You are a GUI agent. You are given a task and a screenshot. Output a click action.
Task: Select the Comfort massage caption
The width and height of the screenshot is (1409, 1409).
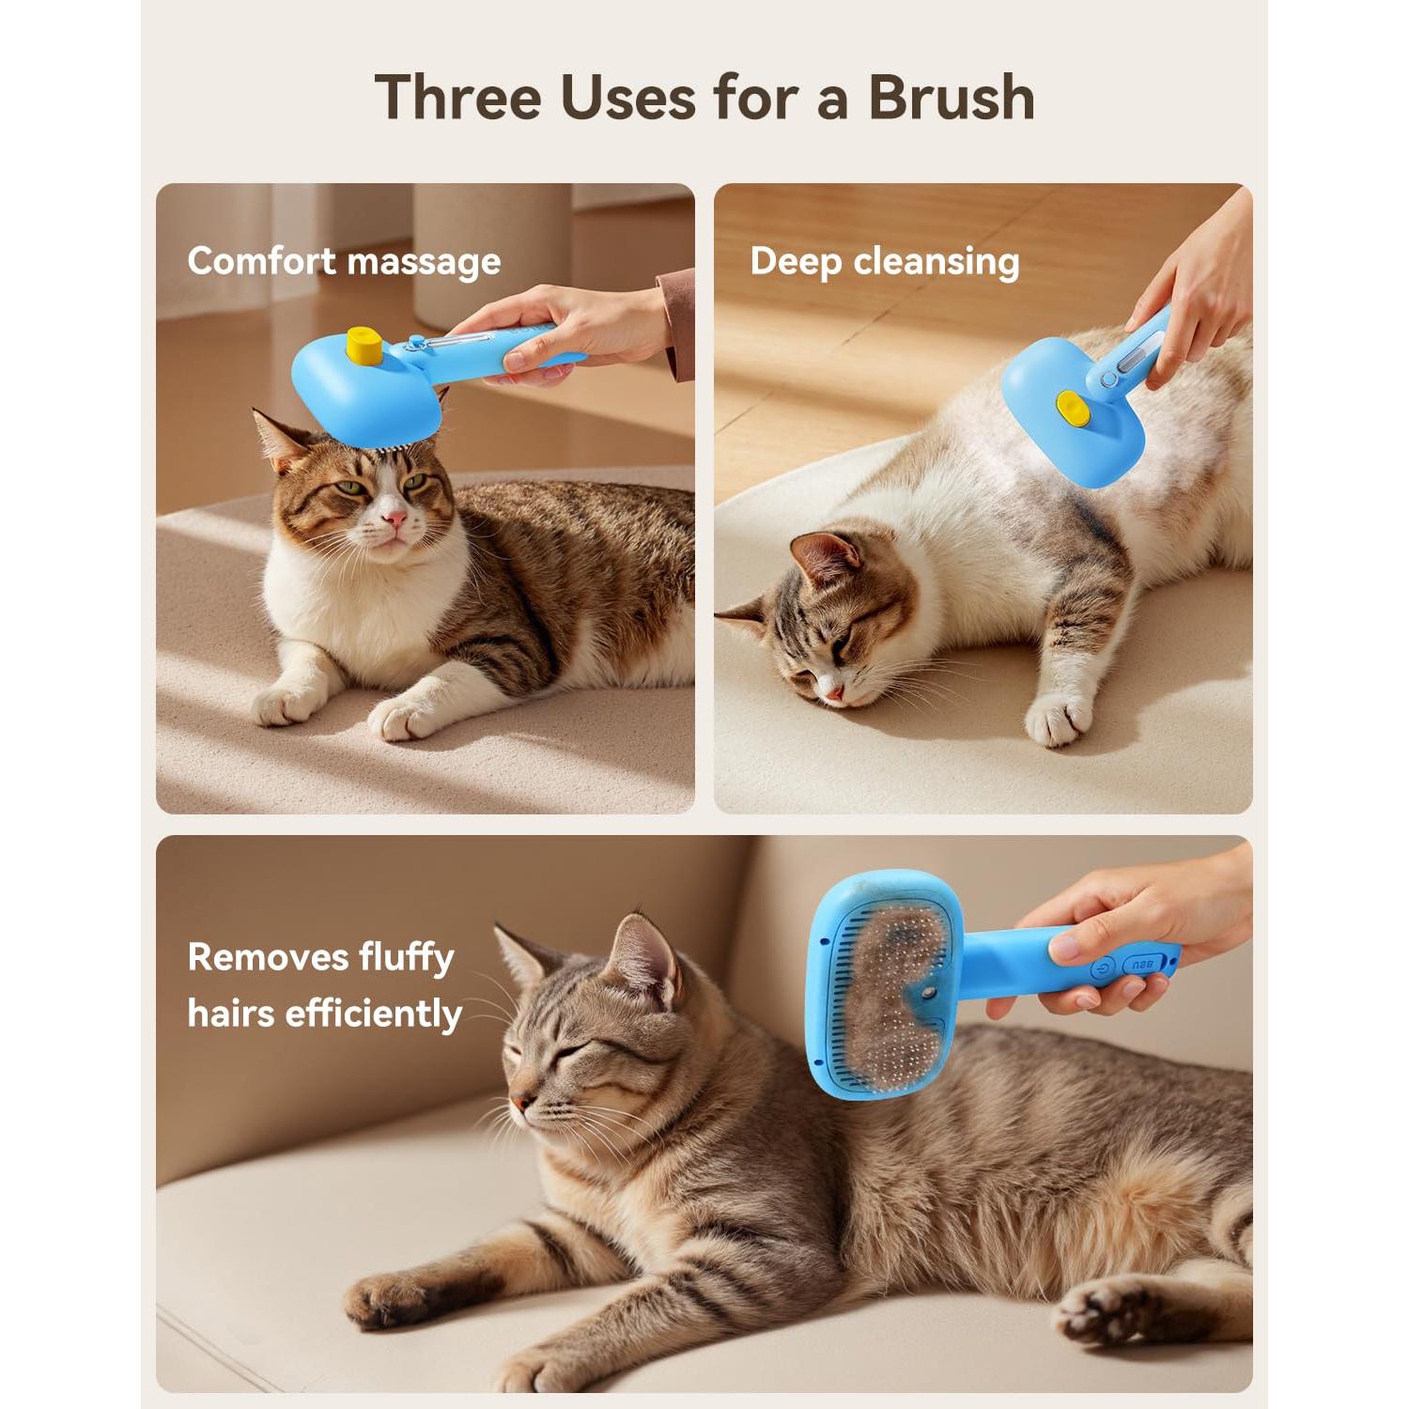[344, 261]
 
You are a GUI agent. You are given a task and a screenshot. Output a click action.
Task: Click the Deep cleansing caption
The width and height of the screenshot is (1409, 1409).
[884, 261]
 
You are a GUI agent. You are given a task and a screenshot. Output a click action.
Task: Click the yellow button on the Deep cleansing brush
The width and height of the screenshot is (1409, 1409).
[1070, 406]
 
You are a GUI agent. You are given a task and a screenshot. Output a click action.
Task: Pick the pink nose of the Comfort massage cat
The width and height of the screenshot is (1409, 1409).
[395, 519]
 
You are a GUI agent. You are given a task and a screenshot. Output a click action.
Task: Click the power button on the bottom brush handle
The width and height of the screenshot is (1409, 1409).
[1104, 967]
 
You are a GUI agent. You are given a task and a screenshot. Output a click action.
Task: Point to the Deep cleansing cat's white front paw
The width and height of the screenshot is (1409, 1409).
[1057, 721]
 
